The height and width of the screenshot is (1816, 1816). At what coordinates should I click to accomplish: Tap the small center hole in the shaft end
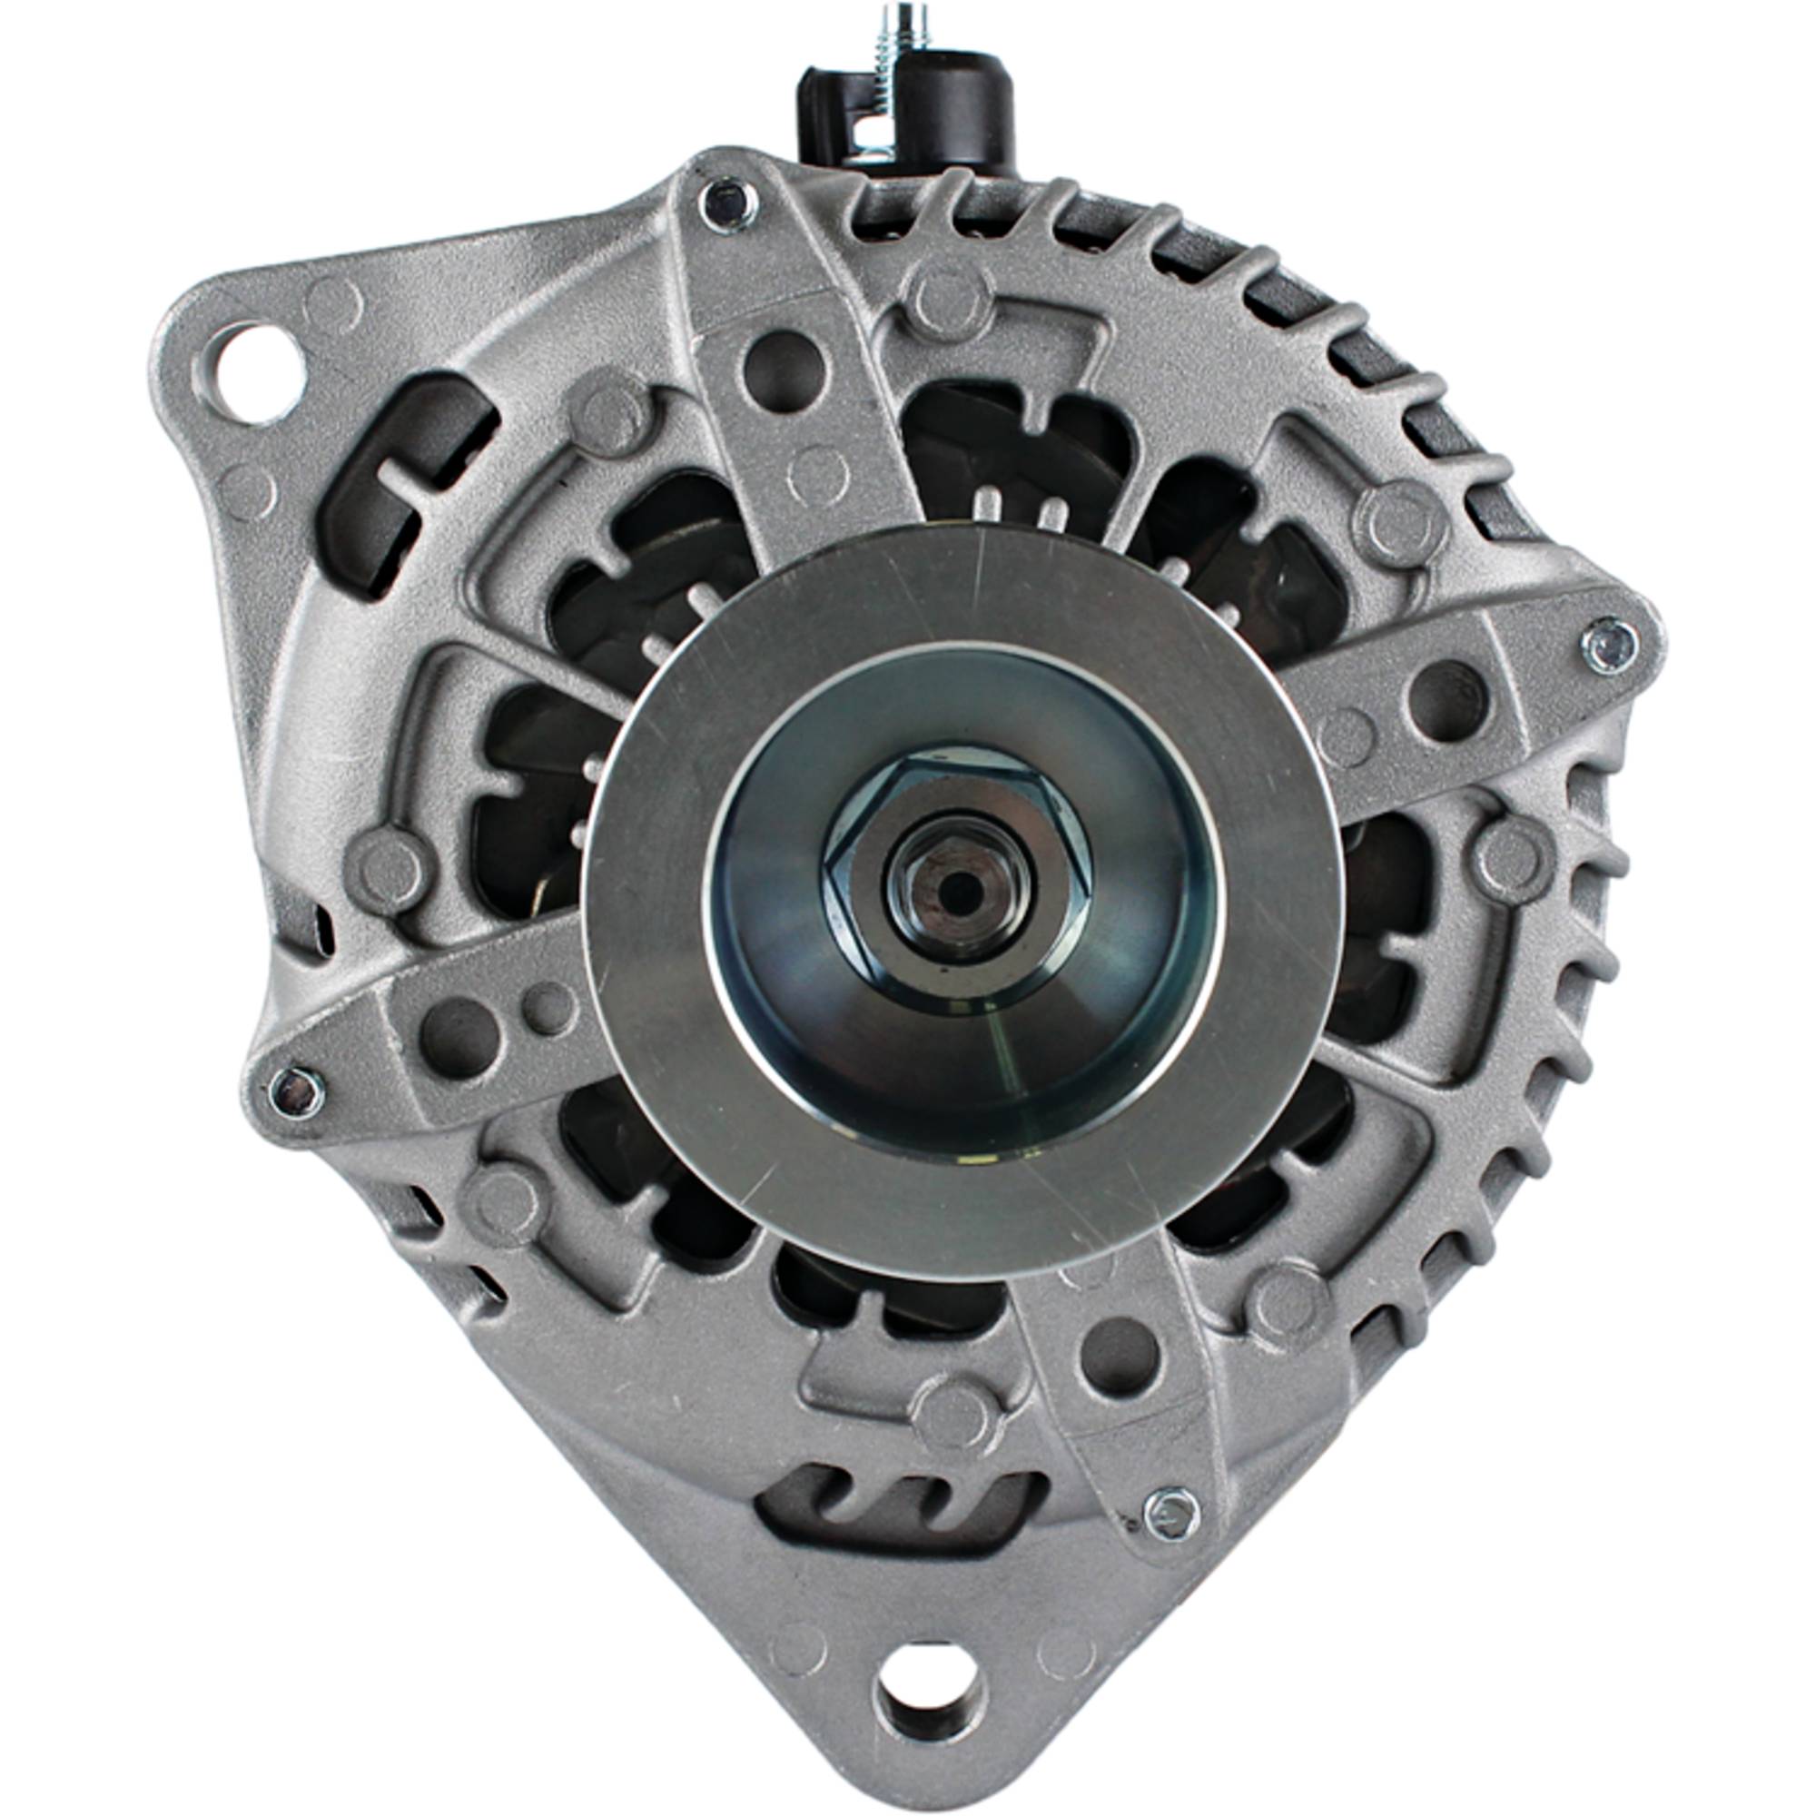[x=952, y=885]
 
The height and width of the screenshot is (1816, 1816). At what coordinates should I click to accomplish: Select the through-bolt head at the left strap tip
[x=296, y=1090]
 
